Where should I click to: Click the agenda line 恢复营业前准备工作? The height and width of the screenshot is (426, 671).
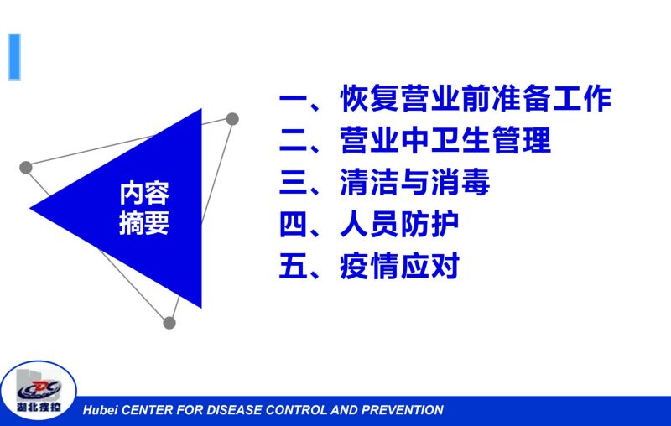tap(476, 98)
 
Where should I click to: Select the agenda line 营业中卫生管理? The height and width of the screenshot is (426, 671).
tap(445, 140)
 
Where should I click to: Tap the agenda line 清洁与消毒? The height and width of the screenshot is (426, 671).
tap(414, 182)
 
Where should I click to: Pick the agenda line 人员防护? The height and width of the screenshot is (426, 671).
tap(399, 224)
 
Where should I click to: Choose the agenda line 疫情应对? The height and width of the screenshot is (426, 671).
tap(400, 266)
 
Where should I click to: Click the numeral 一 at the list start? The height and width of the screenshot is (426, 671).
tap(294, 99)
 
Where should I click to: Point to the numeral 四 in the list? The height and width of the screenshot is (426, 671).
tap(294, 224)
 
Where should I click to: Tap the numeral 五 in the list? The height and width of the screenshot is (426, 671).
tap(294, 266)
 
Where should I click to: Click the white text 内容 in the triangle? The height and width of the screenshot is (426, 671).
tap(144, 194)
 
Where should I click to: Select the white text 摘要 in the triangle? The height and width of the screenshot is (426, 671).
tap(144, 223)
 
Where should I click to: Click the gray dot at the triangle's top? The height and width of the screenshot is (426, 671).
tap(232, 119)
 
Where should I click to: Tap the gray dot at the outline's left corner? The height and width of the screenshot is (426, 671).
tap(26, 167)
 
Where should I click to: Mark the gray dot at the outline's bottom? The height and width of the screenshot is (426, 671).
tap(169, 323)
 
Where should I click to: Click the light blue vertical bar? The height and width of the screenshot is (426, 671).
tap(14, 57)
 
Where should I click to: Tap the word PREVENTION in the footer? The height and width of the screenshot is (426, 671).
tap(403, 410)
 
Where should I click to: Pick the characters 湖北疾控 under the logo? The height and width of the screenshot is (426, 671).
tap(39, 407)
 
